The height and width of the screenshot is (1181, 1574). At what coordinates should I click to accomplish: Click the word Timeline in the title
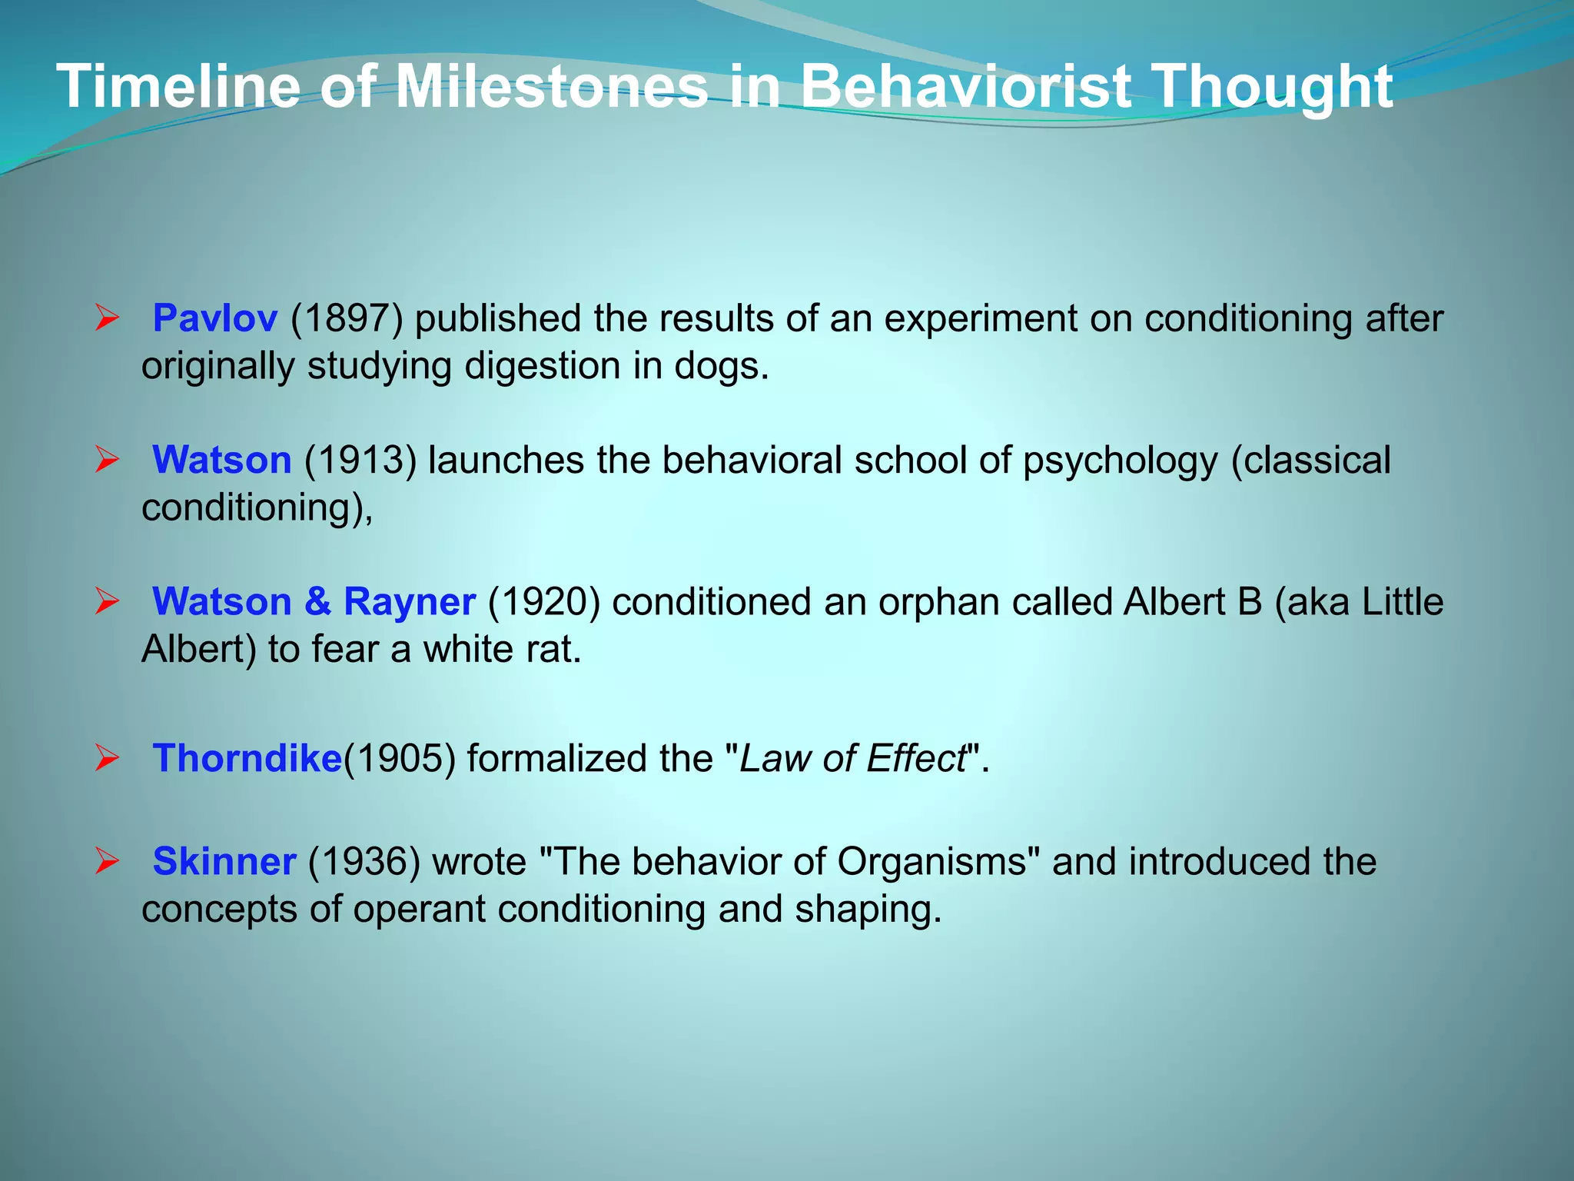178,87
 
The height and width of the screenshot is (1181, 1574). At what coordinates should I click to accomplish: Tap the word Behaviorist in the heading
965,87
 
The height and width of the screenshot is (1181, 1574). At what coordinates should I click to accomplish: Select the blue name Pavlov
214,318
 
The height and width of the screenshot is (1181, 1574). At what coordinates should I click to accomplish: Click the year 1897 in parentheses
347,318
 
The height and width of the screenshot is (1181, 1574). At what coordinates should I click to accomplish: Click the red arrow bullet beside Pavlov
107,318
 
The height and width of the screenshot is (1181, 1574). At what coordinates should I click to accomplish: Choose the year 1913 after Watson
360,460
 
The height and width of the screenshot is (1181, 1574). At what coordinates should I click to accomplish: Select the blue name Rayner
409,601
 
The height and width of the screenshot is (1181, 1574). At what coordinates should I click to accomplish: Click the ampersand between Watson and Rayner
317,601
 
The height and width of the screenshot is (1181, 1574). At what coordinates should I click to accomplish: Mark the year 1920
543,601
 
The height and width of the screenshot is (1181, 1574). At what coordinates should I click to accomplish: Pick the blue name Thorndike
247,758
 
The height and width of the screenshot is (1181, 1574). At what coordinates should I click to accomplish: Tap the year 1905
400,758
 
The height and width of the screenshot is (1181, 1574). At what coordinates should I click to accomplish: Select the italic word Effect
915,758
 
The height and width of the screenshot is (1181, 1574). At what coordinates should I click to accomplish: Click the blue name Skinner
224,861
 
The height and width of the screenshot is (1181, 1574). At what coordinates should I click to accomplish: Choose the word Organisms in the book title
931,861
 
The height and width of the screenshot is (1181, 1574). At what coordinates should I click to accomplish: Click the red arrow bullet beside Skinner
107,860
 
